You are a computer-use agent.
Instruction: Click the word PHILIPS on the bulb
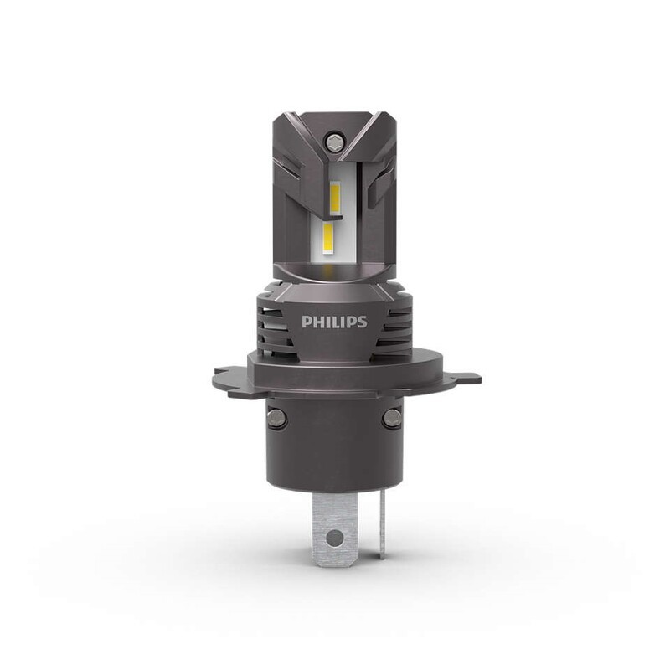pyautogui.click(x=333, y=322)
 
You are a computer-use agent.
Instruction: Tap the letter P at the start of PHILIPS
pyautogui.click(x=307, y=322)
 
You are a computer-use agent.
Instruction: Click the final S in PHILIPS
pyautogui.click(x=362, y=322)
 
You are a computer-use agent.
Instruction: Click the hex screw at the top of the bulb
pyautogui.click(x=335, y=136)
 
